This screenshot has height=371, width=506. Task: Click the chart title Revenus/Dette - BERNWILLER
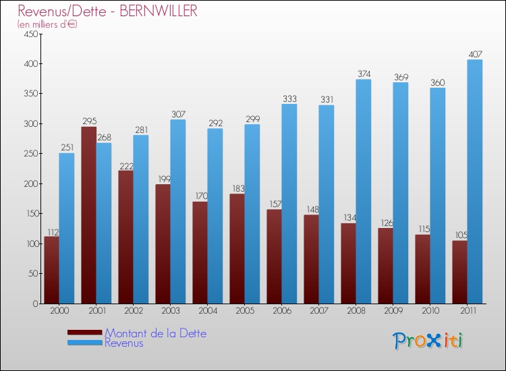(108, 11)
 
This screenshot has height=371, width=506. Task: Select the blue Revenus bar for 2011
(474, 182)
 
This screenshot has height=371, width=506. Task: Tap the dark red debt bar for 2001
(89, 216)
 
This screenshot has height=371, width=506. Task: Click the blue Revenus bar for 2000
(66, 229)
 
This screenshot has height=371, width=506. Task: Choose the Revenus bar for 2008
(363, 192)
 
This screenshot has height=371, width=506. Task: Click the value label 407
(475, 54)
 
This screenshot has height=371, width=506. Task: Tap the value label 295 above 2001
(89, 121)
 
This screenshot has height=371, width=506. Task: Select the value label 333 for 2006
(289, 98)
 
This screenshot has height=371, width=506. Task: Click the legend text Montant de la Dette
(156, 333)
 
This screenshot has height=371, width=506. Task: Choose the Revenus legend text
(124, 343)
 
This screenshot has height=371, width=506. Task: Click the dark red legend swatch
(84, 333)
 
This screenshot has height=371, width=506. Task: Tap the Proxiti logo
(428, 341)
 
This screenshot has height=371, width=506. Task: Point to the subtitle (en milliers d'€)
(48, 24)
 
